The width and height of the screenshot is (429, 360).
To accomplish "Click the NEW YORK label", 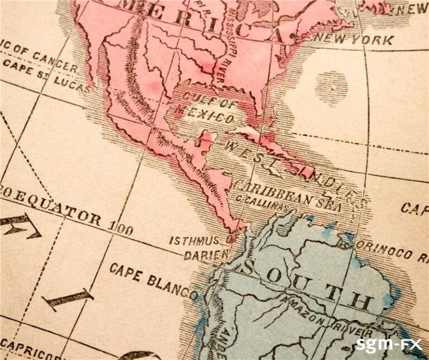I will click(x=354, y=40).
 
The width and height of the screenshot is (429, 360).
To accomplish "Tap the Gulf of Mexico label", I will click(x=205, y=110).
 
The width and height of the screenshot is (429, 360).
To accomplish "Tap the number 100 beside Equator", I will click(x=121, y=229).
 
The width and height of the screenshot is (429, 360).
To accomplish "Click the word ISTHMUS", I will click(x=194, y=241).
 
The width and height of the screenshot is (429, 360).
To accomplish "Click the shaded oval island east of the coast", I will click(x=331, y=85).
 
